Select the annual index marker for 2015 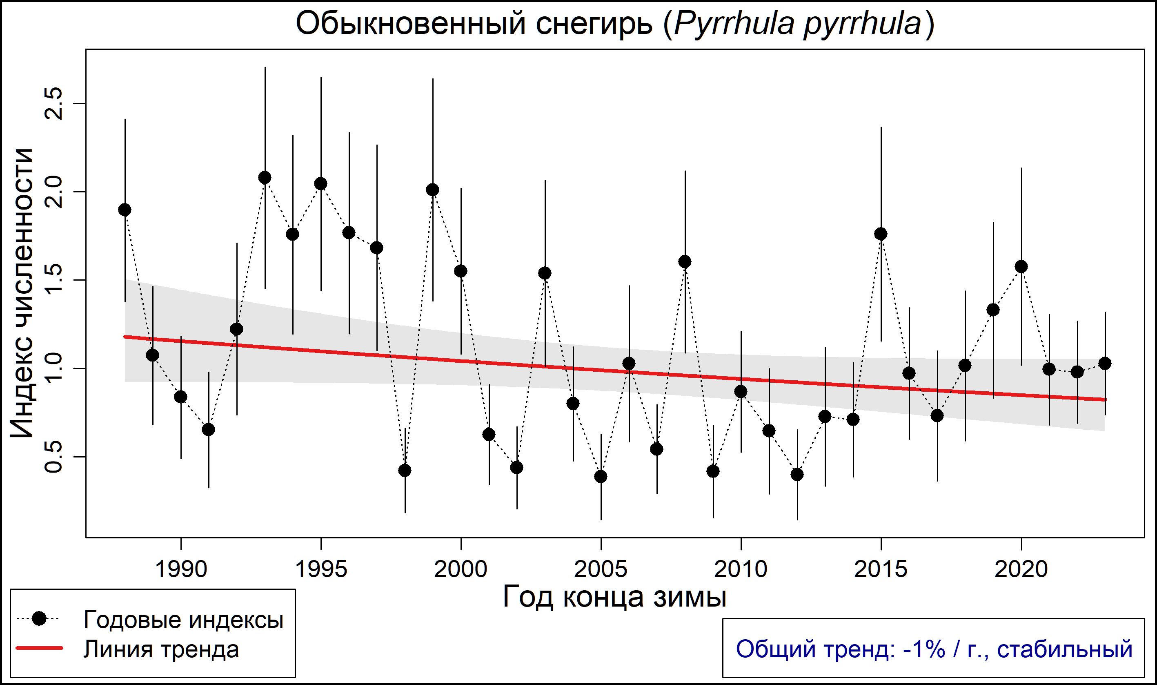pyautogui.click(x=881, y=234)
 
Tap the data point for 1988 pyautogui.click(x=125, y=210)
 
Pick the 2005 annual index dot pyautogui.click(x=601, y=476)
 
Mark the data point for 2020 pyautogui.click(x=1021, y=267)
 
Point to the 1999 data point pyautogui.click(x=433, y=190)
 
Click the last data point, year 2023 pyautogui.click(x=1105, y=364)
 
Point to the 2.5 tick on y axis pyautogui.click(x=53, y=103)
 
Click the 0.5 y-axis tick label pyautogui.click(x=53, y=457)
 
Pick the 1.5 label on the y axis pyautogui.click(x=53, y=280)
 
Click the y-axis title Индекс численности pyautogui.click(x=22, y=294)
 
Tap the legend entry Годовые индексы pyautogui.click(x=183, y=620)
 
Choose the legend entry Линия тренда pyautogui.click(x=161, y=649)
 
